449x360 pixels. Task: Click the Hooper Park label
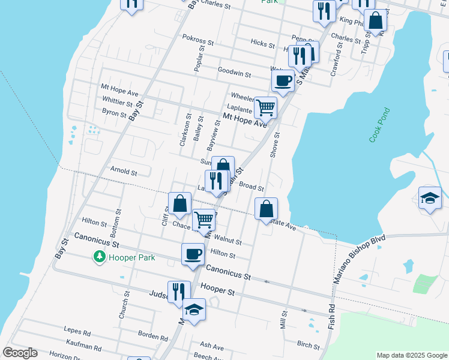131,257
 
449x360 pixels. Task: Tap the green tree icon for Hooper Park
99,257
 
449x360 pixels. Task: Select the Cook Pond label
379,125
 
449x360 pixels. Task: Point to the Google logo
20,353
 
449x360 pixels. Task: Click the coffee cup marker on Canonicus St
193,254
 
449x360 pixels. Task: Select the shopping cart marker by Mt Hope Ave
265,108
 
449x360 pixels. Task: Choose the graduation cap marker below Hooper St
194,310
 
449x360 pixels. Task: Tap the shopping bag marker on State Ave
266,209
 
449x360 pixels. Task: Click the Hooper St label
217,290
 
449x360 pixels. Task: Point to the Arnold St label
124,171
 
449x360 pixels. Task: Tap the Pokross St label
198,43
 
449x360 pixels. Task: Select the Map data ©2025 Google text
411,355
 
